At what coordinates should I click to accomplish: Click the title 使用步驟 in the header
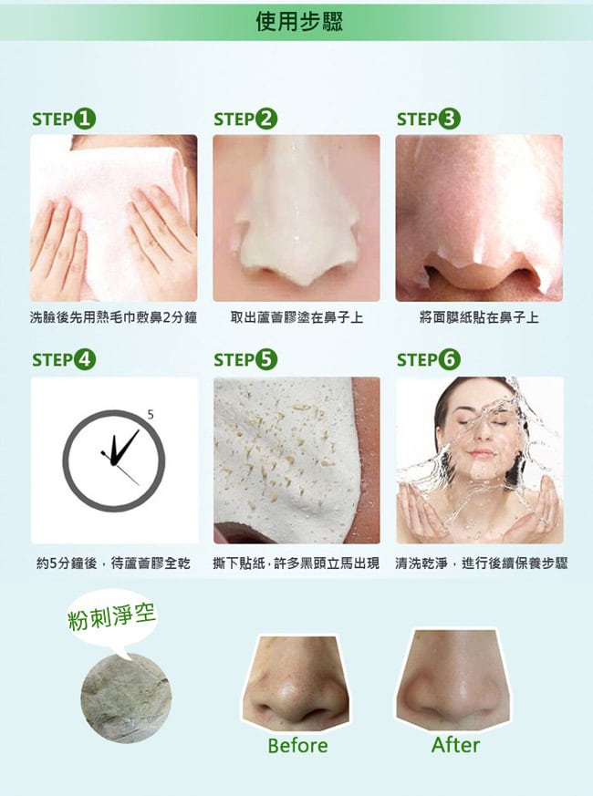pos(299,21)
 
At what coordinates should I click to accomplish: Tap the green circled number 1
pos(85,119)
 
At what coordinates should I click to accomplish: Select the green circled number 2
pos(266,119)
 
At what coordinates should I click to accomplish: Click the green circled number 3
pos(450,119)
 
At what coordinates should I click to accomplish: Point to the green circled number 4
pos(85,360)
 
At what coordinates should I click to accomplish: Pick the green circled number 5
pos(266,360)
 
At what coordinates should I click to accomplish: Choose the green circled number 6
pos(450,360)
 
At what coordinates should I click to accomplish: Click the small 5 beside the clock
pos(151,415)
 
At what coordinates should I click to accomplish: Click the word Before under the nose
pos(297,746)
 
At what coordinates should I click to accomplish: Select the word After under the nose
pos(455,745)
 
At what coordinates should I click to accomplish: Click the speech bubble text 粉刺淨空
pos(112,617)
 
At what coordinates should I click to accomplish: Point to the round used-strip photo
pos(126,698)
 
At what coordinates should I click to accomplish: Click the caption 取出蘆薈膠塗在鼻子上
pos(296,318)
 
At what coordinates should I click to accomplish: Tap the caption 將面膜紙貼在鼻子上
pos(479,318)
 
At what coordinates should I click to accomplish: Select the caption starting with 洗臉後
pos(113,318)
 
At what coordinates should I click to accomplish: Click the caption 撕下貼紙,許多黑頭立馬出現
pos(296,563)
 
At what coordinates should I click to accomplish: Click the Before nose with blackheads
pos(296,683)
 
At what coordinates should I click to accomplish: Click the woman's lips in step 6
pos(481,453)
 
